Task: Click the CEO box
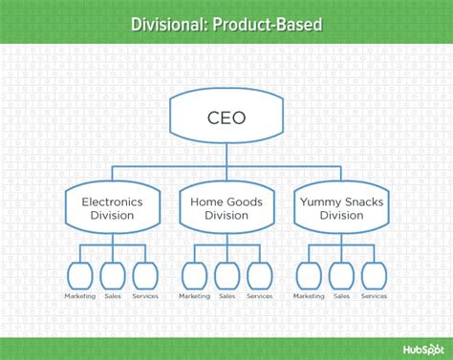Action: (x=226, y=118)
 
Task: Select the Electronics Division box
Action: (x=112, y=208)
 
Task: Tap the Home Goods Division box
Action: (x=226, y=208)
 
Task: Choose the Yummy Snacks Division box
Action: (x=340, y=208)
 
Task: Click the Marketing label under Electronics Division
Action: (x=80, y=296)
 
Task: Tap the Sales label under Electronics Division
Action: (x=112, y=296)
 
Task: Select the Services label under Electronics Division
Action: (x=144, y=296)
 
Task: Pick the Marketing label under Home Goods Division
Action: (x=194, y=296)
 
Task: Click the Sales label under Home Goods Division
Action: (x=226, y=296)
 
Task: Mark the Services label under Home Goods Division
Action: (x=259, y=296)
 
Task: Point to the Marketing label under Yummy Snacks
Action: (x=309, y=296)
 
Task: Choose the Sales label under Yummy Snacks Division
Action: (x=341, y=296)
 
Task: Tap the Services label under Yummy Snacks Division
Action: (x=374, y=296)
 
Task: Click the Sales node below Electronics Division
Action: (x=112, y=276)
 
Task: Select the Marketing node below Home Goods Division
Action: (x=194, y=276)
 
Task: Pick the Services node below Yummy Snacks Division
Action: (x=374, y=276)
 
